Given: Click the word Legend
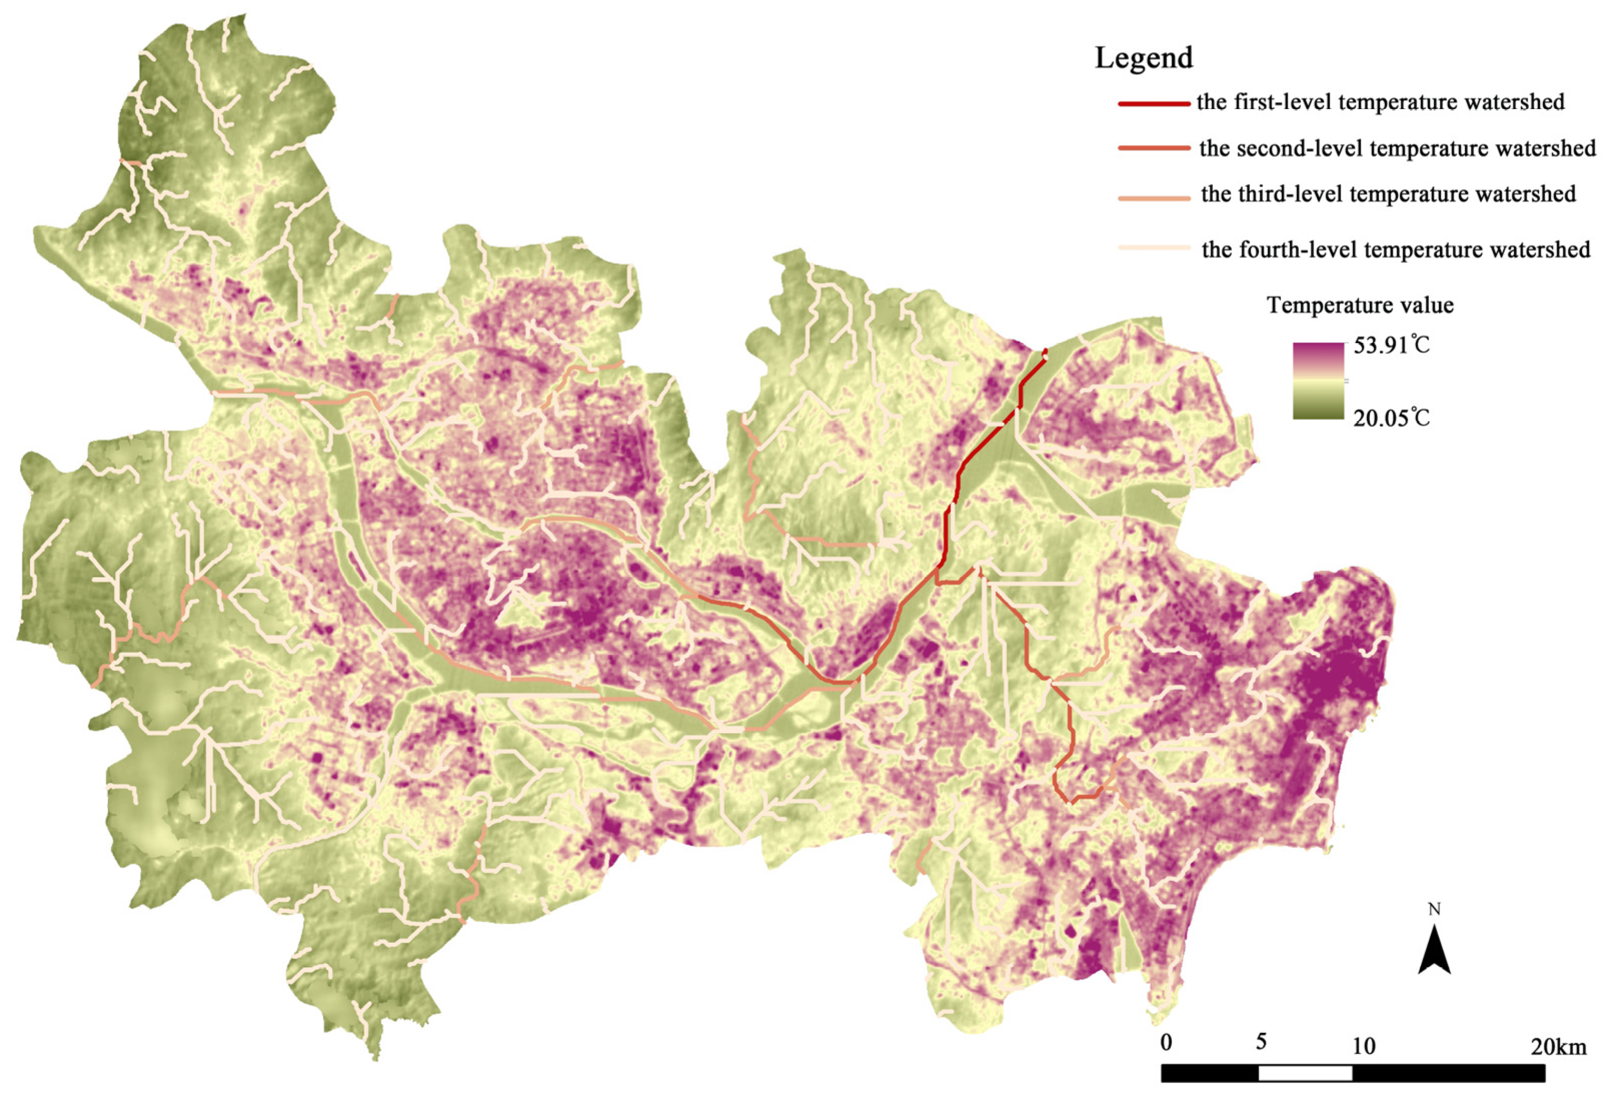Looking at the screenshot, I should tap(1143, 58).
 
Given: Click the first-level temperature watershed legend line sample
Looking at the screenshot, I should tap(1154, 103).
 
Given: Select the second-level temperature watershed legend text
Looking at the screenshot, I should tap(1397, 148).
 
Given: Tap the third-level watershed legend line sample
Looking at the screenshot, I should tap(1154, 199).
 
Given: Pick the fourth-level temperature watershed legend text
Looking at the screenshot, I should tap(1395, 249).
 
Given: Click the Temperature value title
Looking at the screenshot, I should tap(1360, 305).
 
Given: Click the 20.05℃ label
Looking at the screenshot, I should tap(1390, 419).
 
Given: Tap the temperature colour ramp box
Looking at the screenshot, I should tap(1317, 381).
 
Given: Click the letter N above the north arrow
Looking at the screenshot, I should tap(1434, 909).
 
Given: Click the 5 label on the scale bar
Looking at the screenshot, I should tap(1260, 1042).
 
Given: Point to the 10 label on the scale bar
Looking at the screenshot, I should tap(1364, 1046).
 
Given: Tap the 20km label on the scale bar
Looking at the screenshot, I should tap(1558, 1047).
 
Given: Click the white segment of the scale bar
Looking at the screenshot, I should tap(1305, 1073).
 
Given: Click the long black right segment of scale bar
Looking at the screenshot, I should tap(1448, 1073).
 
